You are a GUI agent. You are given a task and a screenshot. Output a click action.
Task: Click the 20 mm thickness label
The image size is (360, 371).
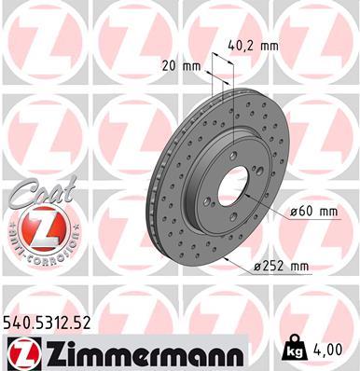click(x=181, y=67)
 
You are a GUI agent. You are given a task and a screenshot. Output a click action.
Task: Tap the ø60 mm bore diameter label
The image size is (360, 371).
click(x=313, y=211)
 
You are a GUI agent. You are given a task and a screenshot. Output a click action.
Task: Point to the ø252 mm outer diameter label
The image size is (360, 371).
click(x=281, y=267)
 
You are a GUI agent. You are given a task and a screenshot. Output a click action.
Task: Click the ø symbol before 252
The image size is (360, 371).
click(x=257, y=268)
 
